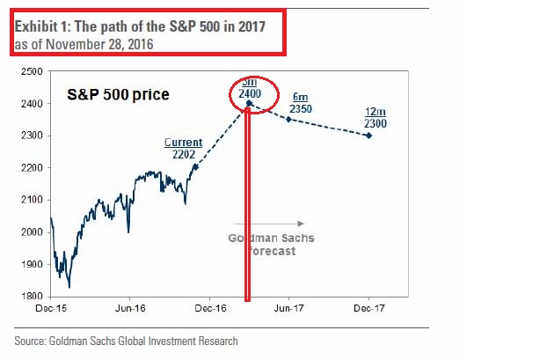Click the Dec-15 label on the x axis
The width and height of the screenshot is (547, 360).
(x=50, y=309)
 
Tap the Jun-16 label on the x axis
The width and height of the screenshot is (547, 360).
(x=130, y=309)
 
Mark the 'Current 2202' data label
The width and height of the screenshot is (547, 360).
(x=182, y=148)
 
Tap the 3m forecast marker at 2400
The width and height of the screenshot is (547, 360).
(x=249, y=103)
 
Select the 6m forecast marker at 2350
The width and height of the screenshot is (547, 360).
(x=288, y=119)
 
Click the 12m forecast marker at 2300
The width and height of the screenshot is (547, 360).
(x=368, y=135)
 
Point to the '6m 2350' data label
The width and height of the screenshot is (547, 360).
(x=301, y=100)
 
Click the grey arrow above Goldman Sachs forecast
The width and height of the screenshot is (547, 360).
(x=270, y=224)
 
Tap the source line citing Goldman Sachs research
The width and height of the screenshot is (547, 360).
(x=127, y=342)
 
